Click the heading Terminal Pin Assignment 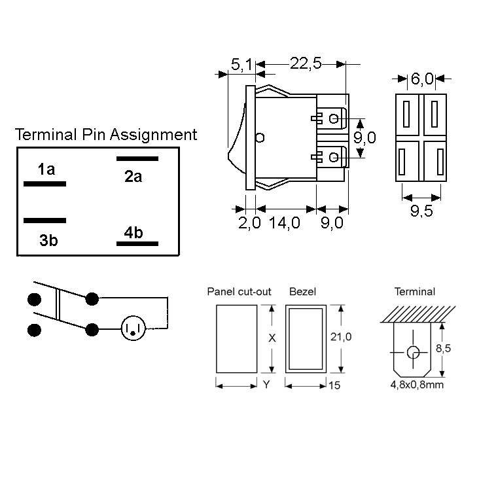point(105,135)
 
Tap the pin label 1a point(46,170)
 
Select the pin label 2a point(133,176)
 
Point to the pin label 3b point(48,240)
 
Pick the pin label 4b point(133,233)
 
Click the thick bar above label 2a point(137,158)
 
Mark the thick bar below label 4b point(137,243)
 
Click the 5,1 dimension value point(241,64)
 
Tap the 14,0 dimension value point(284,223)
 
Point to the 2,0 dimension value point(249,223)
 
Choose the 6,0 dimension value point(422,79)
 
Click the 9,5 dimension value point(423,211)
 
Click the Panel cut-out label point(239,292)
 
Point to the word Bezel point(302,292)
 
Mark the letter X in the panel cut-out point(272,338)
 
